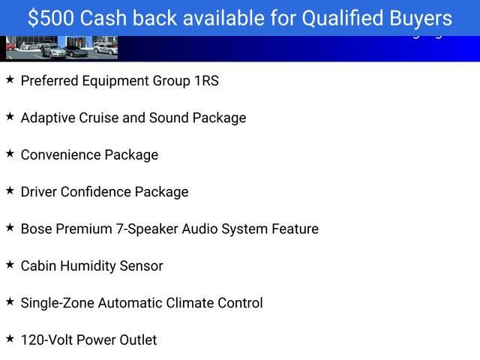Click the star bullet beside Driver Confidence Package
10,190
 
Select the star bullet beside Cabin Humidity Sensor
10,265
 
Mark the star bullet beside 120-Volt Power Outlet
10,339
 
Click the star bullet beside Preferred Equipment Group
10,79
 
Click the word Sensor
143,266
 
